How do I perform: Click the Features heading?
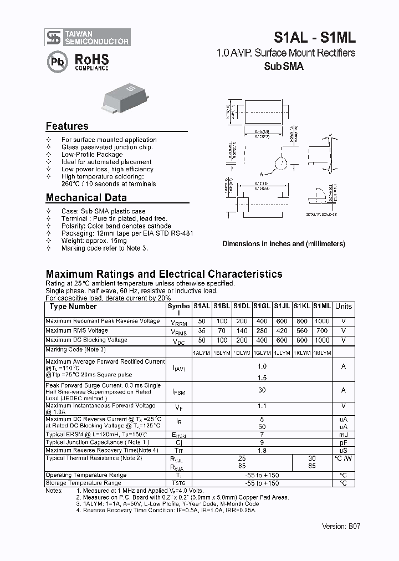click(67, 126)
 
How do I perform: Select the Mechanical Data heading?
click(86, 198)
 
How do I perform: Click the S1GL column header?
click(262, 306)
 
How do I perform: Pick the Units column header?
click(344, 306)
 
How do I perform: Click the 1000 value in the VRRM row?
click(322, 321)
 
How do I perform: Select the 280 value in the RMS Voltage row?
click(262, 331)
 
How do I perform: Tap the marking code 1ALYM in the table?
click(201, 353)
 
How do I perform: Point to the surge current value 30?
click(262, 390)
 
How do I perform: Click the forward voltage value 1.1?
click(262, 406)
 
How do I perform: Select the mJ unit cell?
click(344, 435)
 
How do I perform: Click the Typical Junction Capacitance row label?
click(98, 442)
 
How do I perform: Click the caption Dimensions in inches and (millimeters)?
click(284, 244)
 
